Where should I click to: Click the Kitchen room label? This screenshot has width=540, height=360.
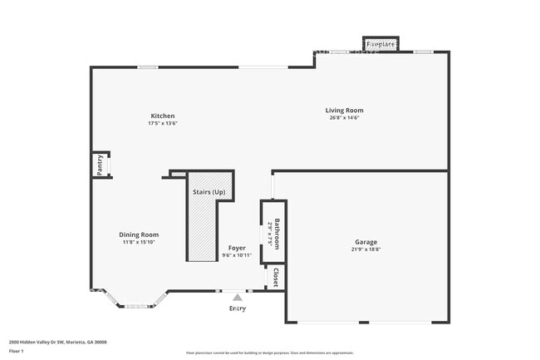click(x=162, y=116)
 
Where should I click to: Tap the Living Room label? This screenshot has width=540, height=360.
click(x=343, y=111)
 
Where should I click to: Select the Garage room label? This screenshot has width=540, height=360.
click(x=366, y=242)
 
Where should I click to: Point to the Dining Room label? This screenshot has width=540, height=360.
click(x=138, y=234)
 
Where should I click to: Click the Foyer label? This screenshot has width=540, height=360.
click(x=236, y=248)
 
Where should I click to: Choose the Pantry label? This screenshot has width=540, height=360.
click(x=100, y=165)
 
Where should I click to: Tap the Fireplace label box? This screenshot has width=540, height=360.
click(x=380, y=43)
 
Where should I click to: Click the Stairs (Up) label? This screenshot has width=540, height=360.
click(x=209, y=193)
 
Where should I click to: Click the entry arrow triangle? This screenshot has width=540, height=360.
click(x=238, y=296)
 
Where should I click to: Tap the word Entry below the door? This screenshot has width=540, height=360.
click(x=238, y=308)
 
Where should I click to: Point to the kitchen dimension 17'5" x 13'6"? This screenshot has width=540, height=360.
click(x=162, y=123)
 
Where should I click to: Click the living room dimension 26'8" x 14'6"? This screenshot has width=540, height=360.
click(x=343, y=118)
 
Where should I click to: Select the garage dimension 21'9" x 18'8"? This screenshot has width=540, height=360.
click(x=366, y=249)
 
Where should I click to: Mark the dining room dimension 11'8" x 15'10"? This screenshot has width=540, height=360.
click(x=138, y=242)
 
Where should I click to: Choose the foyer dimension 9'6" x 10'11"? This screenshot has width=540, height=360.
click(x=236, y=255)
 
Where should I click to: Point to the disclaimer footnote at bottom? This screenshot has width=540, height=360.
click(x=270, y=353)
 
